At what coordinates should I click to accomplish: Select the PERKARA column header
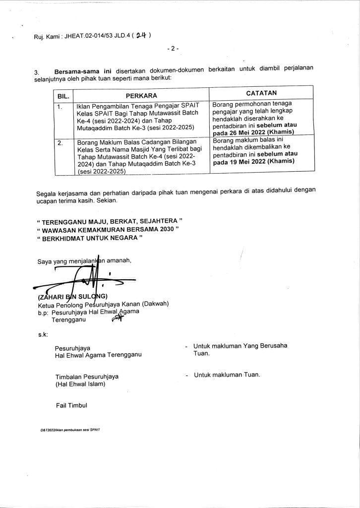click(x=141, y=94)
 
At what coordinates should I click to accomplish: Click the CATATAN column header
click(x=261, y=93)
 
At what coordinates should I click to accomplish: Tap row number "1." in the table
click(x=60, y=106)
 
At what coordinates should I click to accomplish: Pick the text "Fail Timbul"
click(x=71, y=405)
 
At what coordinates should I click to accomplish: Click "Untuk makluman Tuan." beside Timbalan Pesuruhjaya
click(x=227, y=375)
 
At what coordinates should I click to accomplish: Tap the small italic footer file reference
click(x=70, y=430)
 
